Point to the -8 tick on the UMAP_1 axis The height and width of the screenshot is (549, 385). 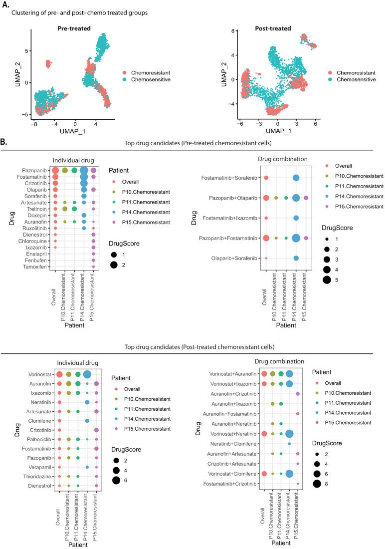click(x=34, y=121)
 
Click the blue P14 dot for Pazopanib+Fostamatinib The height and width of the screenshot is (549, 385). click(x=296, y=238)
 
